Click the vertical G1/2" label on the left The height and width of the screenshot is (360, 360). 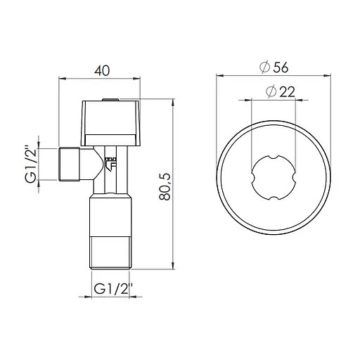29,165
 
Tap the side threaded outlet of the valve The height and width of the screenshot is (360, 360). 68,165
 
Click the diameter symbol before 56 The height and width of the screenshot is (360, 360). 265,67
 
